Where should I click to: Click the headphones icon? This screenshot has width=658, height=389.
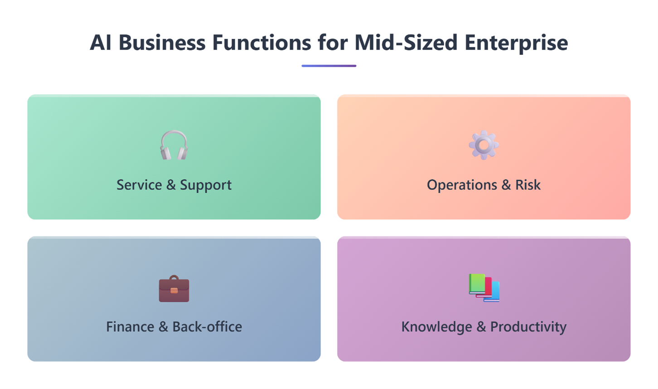tap(174, 145)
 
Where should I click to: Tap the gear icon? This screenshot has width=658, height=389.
tap(484, 145)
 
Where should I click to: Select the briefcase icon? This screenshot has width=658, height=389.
tap(174, 288)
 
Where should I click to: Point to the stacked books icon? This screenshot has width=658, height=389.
tap(484, 287)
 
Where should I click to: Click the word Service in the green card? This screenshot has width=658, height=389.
tap(139, 185)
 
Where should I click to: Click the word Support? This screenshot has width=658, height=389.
tap(206, 185)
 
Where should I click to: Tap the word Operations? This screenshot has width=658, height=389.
tap(462, 185)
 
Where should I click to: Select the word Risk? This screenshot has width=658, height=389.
tap(528, 185)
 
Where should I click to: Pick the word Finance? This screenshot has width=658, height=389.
tap(130, 327)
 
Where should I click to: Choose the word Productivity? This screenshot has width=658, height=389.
tap(528, 327)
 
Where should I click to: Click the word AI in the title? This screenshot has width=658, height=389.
tap(101, 43)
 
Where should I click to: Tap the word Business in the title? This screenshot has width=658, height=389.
tap(162, 43)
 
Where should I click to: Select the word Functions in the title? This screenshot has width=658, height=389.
tap(261, 43)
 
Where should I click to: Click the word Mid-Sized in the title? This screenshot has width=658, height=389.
tap(406, 43)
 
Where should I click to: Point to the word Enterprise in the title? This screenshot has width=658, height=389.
tap(516, 43)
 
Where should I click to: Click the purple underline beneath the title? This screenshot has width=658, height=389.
tap(329, 66)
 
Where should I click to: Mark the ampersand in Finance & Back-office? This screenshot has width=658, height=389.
tap(163, 327)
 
